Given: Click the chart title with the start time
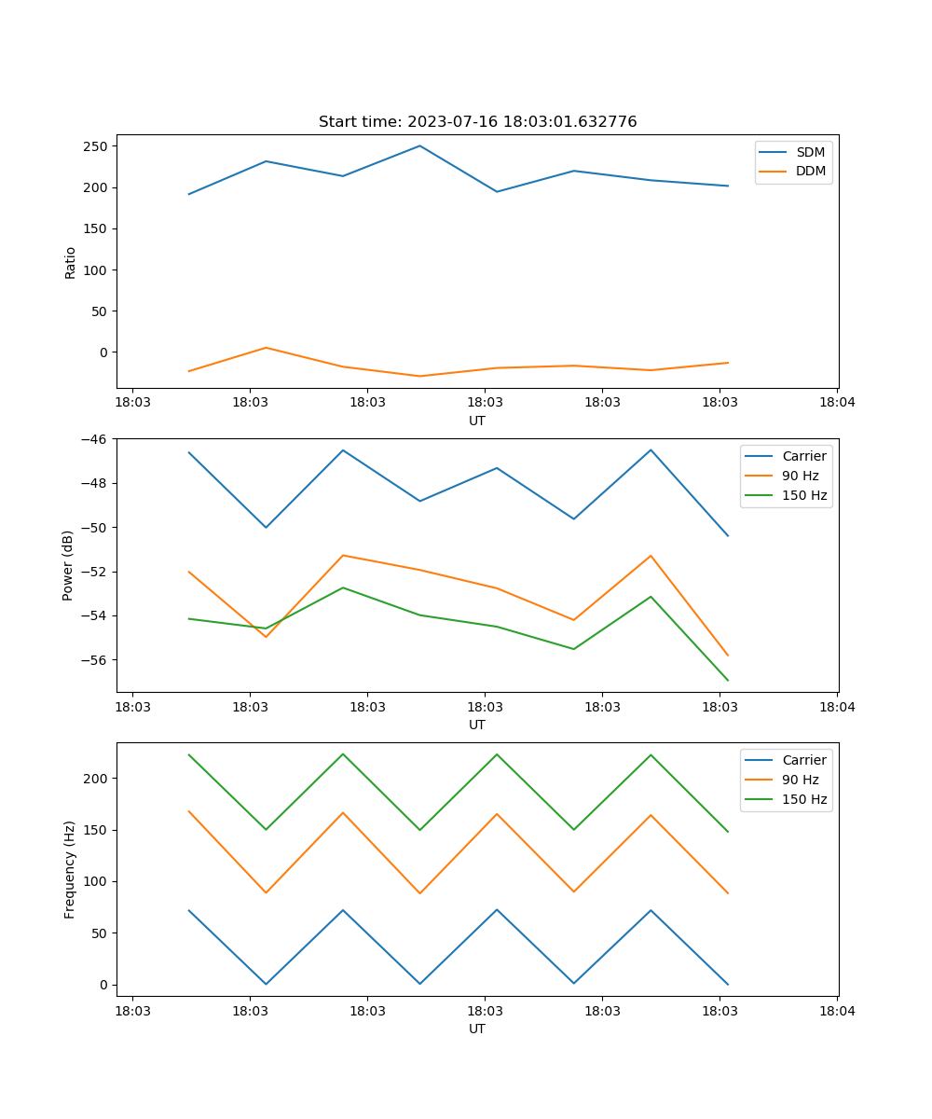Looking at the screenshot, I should coord(477,122).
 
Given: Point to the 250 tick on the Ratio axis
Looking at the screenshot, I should coord(95,146).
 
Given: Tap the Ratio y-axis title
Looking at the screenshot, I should coord(71,262).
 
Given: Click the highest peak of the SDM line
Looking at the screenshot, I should coord(419,145).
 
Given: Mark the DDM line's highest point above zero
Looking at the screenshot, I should coord(266,348).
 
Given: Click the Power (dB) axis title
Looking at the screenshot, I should coord(68,565).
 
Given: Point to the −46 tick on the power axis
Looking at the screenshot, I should coord(94,439).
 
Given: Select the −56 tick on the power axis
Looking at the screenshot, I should coord(94,660).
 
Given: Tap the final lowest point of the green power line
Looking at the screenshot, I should coord(728,681).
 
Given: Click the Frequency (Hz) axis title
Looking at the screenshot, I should coord(70,869).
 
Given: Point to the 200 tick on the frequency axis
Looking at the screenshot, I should coord(97,779).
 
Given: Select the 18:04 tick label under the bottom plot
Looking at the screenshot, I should coord(837,1010).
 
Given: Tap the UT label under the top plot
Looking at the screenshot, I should coord(477,421).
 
